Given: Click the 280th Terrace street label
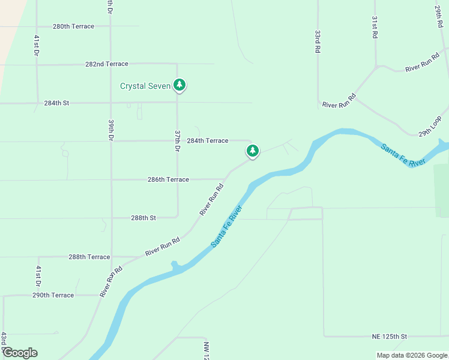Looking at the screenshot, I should coord(73,26).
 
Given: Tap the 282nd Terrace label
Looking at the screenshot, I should coord(107,64).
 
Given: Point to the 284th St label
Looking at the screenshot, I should coord(56,103).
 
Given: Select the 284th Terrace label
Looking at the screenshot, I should coord(207,140).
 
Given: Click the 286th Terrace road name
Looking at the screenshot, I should coord(168,179).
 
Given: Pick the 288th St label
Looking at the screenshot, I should coord(143,218).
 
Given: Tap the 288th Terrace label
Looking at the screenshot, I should coord(89,257).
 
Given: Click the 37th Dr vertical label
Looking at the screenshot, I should coord(178,140).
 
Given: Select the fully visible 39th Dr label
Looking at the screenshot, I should coord(111,130).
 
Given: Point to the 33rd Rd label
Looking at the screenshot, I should coord(317,42).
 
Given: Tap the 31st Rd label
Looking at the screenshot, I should coord(374,28).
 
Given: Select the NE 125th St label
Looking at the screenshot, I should coord(387,337).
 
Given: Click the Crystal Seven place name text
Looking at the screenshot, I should coord(145,86).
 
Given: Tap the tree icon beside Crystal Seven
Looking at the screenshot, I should coord(179,85).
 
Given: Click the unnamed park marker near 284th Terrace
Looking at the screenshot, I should coord(253,151).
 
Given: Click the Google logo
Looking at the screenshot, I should coord(19,353).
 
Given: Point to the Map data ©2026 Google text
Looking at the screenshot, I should coord(411,355).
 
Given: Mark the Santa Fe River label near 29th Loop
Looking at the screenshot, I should coord(403,154).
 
